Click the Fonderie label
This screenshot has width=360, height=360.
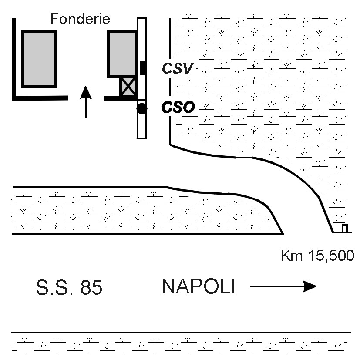80,19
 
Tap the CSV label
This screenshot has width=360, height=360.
177,68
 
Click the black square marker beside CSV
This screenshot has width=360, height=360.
143,68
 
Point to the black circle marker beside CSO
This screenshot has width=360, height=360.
141,109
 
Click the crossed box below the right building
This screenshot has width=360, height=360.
128,87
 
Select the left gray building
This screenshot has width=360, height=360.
39,58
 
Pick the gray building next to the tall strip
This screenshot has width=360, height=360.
123,54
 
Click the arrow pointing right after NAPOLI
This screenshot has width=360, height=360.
283,286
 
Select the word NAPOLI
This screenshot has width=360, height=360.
198,286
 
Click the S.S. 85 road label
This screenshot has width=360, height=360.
69,288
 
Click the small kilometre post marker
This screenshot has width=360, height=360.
344,229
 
